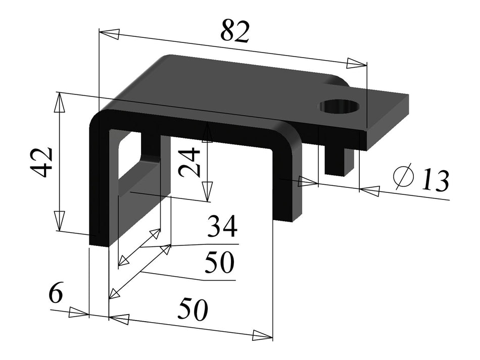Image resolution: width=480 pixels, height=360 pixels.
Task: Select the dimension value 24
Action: [x=190, y=162]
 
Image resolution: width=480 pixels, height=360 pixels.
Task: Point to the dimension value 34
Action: [x=222, y=228]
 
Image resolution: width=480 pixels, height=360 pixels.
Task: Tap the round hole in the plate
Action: [x=339, y=107]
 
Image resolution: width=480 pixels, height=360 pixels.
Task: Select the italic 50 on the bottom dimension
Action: [x=192, y=310]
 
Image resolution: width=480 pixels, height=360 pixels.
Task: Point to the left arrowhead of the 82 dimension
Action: [x=109, y=34]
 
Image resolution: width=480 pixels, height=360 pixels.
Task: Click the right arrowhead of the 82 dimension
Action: [x=356, y=63]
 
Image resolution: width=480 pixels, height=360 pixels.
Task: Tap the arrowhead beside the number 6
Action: [x=78, y=313]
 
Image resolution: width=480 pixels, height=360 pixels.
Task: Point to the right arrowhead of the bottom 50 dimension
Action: [x=262, y=335]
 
